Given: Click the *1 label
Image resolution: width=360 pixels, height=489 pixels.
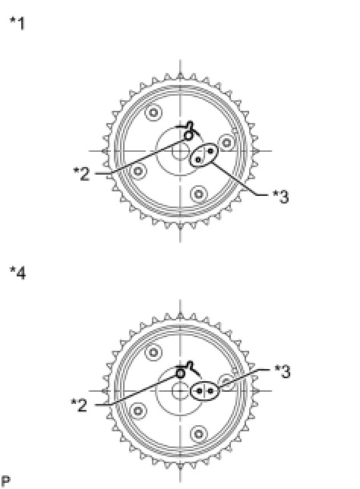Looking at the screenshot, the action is click(17, 24).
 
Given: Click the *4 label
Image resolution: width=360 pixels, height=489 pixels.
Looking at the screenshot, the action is click(17, 273).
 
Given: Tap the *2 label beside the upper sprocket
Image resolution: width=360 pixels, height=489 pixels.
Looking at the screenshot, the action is click(81, 174).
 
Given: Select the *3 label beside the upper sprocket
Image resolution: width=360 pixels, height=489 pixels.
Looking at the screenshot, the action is click(281, 197).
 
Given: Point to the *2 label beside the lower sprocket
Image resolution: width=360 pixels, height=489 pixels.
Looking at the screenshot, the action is click(79, 405).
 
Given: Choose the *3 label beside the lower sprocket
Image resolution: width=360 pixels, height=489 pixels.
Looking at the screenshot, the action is click(283, 371).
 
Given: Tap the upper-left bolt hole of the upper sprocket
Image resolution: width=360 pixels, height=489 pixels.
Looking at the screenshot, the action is click(153, 112).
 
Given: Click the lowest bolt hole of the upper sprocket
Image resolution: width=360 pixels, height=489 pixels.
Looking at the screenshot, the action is click(199, 194).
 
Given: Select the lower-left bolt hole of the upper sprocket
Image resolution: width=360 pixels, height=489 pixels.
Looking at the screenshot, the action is click(138, 171).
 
